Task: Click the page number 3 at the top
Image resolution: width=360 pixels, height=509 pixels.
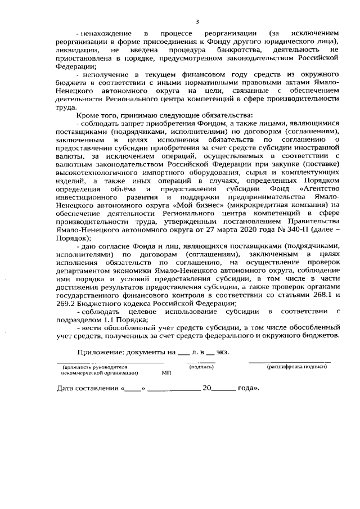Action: click(x=197, y=22)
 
